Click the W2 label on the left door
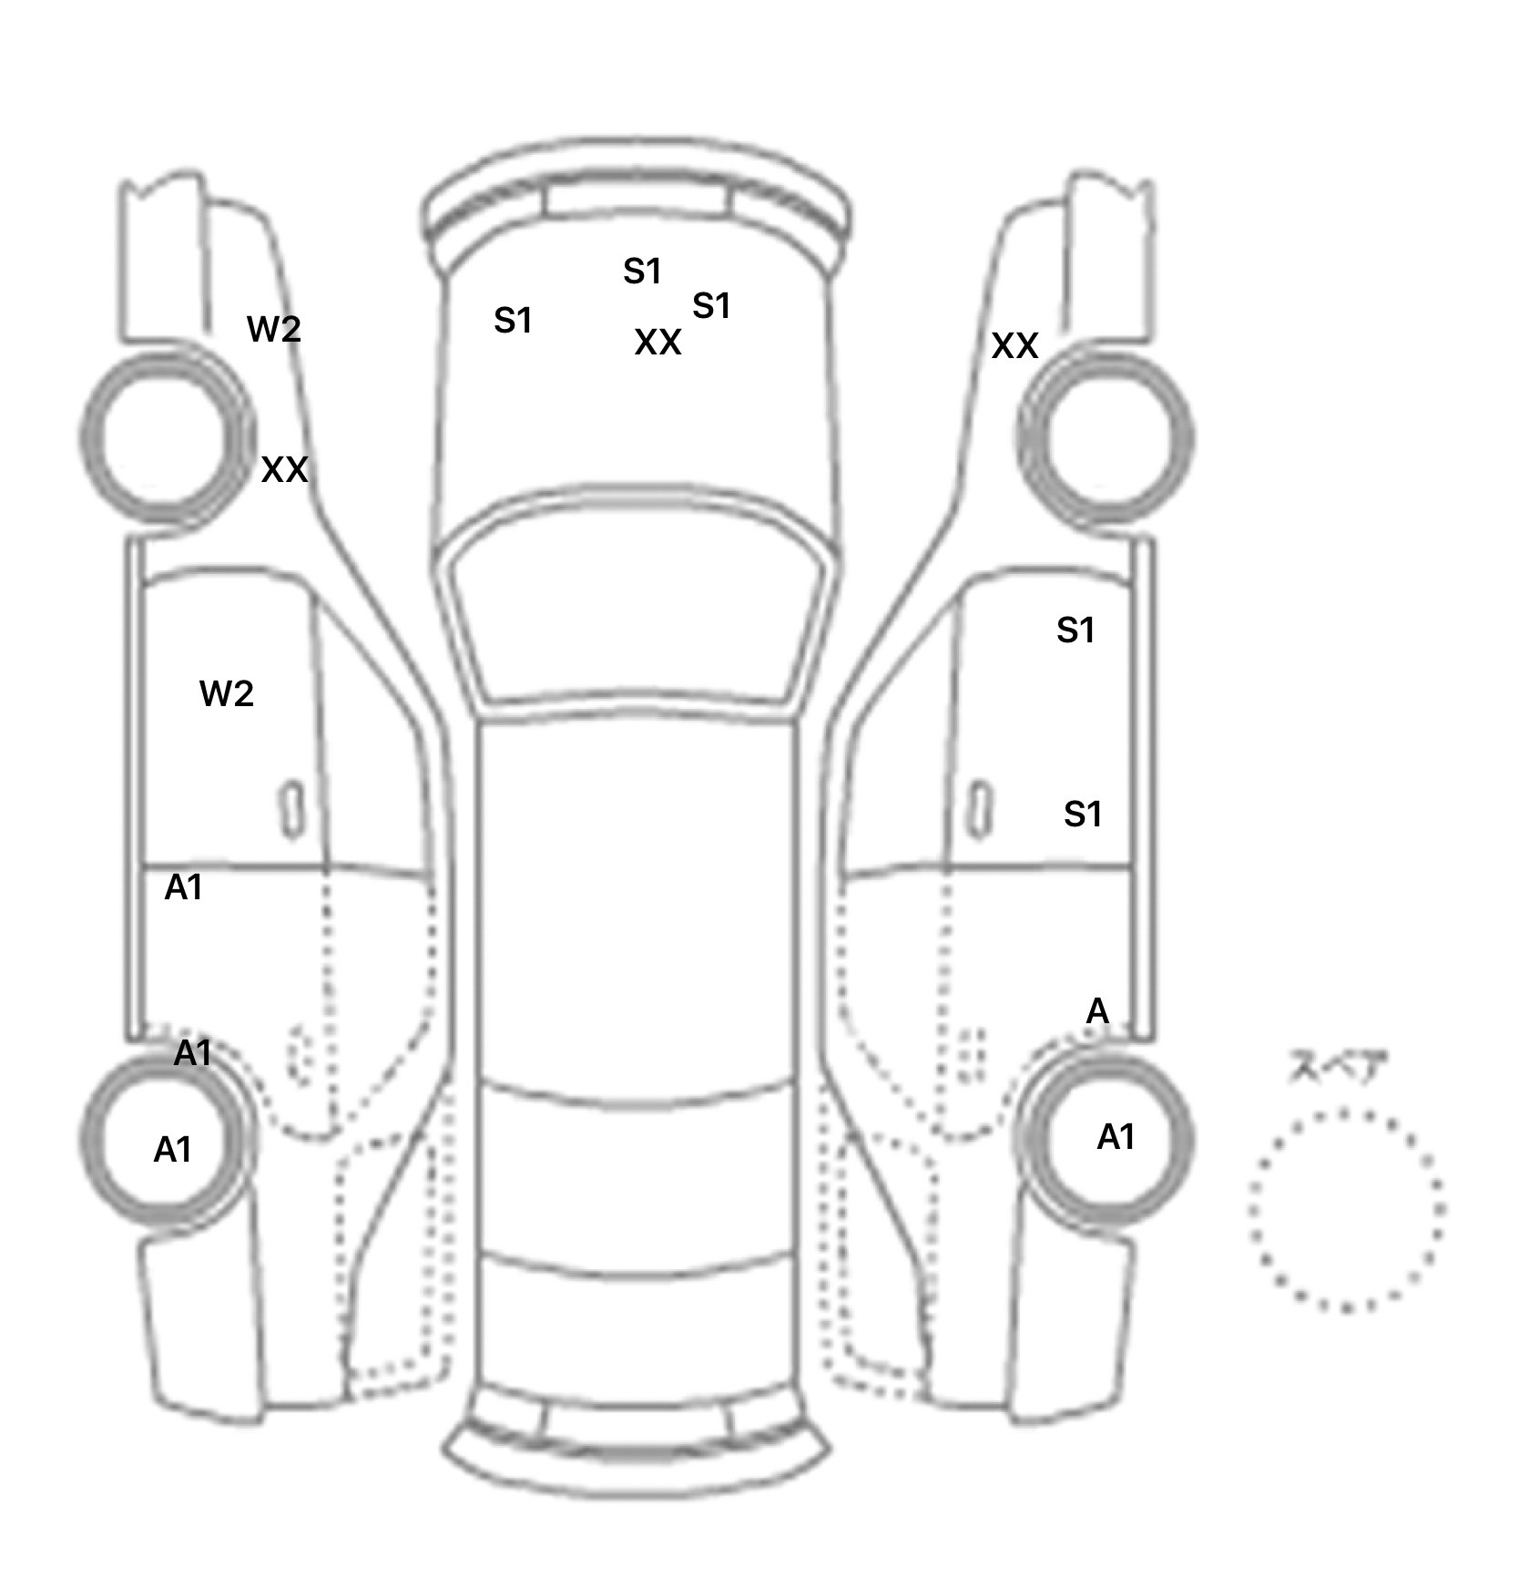point(226,694)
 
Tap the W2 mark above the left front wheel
point(273,329)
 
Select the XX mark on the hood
point(658,343)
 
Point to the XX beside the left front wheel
point(284,470)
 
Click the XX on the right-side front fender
point(1014,346)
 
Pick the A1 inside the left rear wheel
point(172,1150)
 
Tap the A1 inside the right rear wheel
point(1116,1137)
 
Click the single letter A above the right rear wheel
point(1097,1011)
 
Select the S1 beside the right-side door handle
point(1083,814)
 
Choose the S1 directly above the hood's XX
point(642,272)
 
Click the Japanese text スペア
point(1337,1067)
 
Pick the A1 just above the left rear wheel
point(192,1053)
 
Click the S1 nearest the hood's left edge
point(513,321)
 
